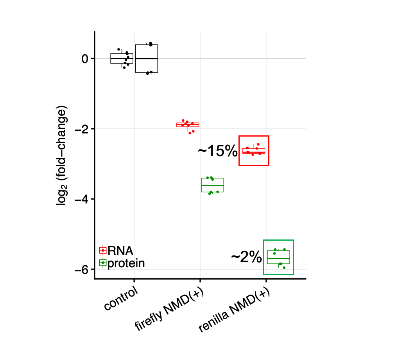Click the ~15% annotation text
[x=217, y=151]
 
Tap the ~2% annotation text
[x=246, y=257]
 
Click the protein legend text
[x=126, y=263]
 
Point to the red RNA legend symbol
[x=103, y=250]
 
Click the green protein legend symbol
[x=103, y=263]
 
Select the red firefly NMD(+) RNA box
[x=188, y=125]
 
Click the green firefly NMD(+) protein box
[x=212, y=185]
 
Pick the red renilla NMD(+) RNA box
[x=254, y=151]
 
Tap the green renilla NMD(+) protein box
[x=278, y=257]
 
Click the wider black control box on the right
[x=147, y=59]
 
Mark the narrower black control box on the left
[x=122, y=58]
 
